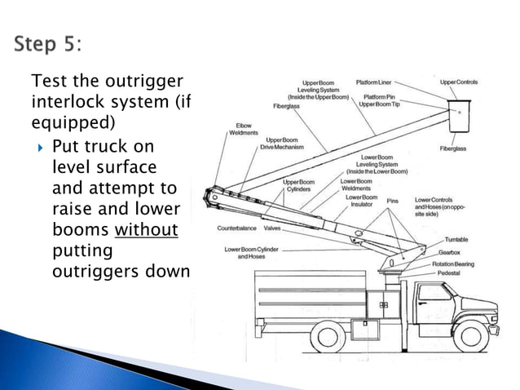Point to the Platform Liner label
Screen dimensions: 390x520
tap(375, 82)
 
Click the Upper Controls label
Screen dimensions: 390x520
tap(458, 82)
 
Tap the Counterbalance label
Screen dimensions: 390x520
tap(237, 228)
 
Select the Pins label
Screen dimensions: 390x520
tap(393, 199)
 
